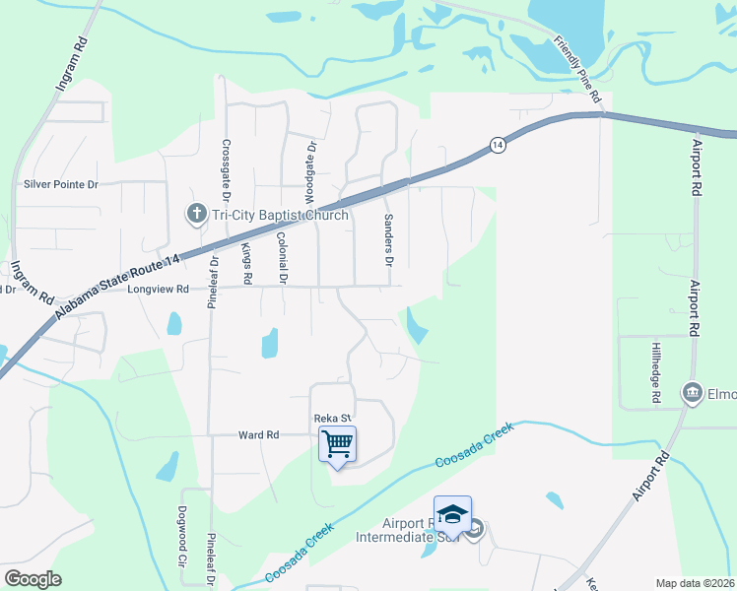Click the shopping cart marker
[x=337, y=444]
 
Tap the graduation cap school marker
[x=452, y=514]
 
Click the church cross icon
[x=195, y=214]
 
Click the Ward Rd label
[x=259, y=434]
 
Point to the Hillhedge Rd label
[x=655, y=373]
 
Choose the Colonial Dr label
[x=282, y=258]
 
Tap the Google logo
[x=33, y=578]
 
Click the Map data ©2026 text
[x=695, y=583]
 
